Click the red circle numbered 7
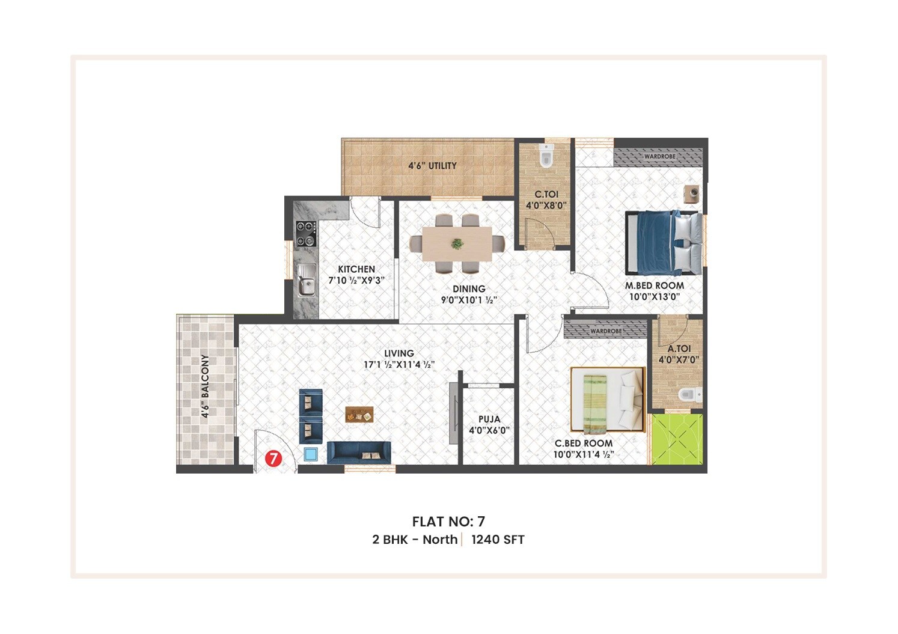click(273, 459)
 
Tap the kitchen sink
click(306, 280)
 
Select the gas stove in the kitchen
click(306, 234)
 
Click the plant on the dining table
click(457, 244)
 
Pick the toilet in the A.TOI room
click(689, 395)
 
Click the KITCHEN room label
click(356, 269)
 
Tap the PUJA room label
click(489, 419)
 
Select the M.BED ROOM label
click(655, 285)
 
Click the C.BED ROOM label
click(583, 443)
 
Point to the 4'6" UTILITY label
click(432, 165)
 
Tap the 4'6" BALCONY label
click(205, 386)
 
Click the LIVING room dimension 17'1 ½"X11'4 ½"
click(399, 364)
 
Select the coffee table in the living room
click(359, 415)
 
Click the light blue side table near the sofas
click(311, 454)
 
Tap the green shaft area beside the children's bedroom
click(678, 439)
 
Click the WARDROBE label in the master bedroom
click(659, 156)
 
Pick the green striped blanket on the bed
click(595, 404)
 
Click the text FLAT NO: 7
click(448, 522)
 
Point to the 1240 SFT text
click(498, 540)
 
